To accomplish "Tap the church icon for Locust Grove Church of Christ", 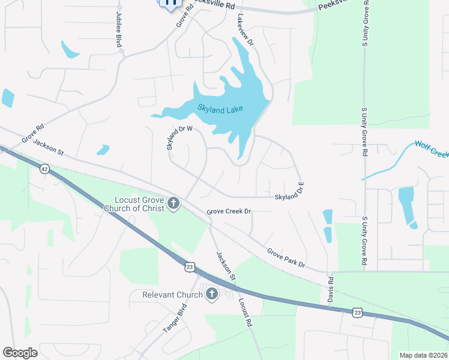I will pos(173,203).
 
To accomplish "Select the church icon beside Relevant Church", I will pos(211,294).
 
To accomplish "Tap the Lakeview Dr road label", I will pos(245,30).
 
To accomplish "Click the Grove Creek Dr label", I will pos(229,212).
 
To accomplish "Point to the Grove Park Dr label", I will pos(286,258).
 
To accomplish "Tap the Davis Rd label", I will pos(331,289).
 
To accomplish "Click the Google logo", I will pos(20,353).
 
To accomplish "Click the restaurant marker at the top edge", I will pos(170,3).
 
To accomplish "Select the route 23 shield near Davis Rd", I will pos(357,312).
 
